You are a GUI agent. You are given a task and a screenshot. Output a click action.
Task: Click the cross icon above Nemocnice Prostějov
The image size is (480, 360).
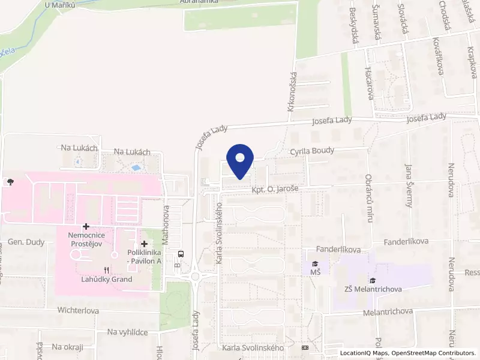(86, 226)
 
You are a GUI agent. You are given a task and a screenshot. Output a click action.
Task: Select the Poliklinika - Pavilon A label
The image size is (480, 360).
(144, 257)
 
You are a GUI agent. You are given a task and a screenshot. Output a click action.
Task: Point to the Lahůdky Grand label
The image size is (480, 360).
(107, 279)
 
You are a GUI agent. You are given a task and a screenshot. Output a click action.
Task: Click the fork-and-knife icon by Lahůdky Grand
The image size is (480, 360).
(107, 270)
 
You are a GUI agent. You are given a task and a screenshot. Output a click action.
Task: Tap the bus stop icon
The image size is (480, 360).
(182, 253)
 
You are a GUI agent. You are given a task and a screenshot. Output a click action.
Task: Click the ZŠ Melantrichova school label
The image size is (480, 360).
(373, 290)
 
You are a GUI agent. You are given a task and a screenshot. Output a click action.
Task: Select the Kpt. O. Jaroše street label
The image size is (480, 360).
(275, 189)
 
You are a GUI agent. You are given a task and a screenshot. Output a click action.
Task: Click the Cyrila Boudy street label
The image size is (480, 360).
(312, 151)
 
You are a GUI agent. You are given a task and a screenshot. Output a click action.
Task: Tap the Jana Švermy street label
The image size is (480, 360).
(409, 185)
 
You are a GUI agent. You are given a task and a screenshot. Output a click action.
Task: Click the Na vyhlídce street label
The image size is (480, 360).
(128, 332)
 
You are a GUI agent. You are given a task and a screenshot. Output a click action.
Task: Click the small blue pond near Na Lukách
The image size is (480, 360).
(137, 167)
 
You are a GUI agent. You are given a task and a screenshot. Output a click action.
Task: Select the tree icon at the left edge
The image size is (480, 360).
(10, 181)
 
